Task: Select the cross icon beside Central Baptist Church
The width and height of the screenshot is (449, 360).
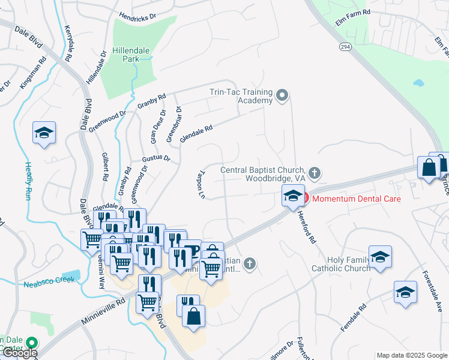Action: [315, 173]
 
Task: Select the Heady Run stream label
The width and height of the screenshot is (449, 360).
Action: [28, 181]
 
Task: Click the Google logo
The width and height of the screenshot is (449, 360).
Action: [19, 353]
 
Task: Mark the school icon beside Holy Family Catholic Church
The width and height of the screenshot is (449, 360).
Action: [380, 257]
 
